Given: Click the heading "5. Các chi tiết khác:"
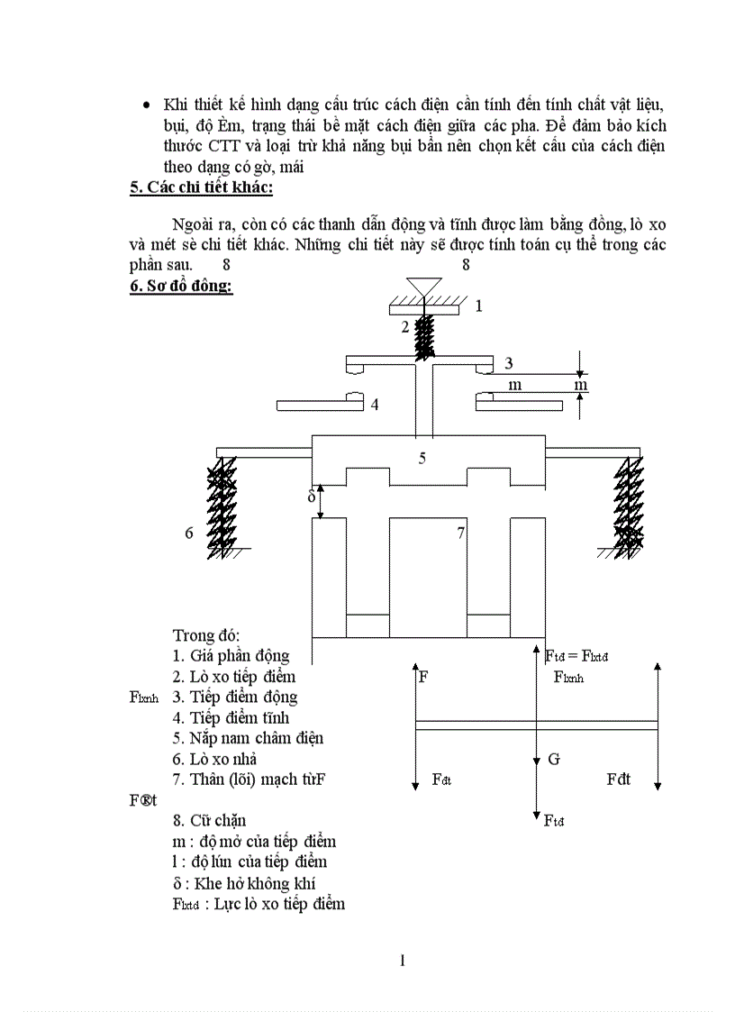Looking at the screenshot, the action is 201,188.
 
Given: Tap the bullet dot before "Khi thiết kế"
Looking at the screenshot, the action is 147,105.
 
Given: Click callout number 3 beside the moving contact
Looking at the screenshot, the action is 509,363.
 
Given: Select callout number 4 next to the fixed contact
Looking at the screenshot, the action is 375,405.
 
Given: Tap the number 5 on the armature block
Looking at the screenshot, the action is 422,459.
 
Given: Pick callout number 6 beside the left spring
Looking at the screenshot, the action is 189,533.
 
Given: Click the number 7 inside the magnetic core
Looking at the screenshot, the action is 459,533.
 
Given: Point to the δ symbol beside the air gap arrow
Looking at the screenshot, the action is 312,497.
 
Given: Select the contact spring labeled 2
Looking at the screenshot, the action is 423,338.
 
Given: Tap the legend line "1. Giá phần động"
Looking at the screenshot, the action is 231,656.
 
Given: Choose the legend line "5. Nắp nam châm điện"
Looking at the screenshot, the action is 248,738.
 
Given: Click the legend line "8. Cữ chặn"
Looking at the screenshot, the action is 209,820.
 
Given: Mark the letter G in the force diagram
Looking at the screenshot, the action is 554,759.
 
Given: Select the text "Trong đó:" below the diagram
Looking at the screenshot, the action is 206,636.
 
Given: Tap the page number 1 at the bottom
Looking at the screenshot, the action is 403,961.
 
